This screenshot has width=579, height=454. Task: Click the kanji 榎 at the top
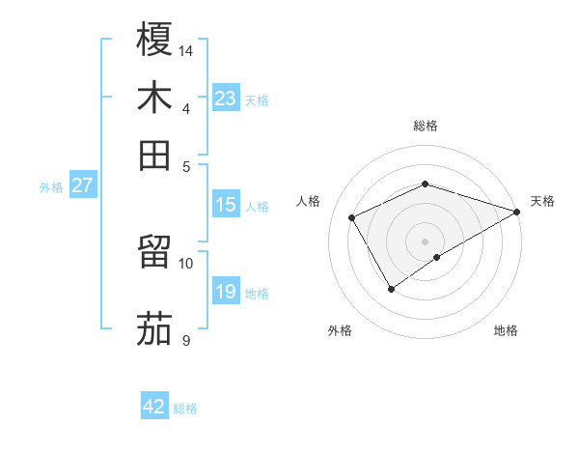click(154, 40)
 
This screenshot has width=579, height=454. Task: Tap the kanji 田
click(154, 155)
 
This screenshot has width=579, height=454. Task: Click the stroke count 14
click(186, 49)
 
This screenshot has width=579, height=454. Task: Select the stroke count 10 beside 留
click(186, 263)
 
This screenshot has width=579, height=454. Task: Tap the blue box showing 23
click(226, 98)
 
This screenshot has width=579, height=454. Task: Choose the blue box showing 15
click(226, 205)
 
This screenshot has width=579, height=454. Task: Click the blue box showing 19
click(226, 292)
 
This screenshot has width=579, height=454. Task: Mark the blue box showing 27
click(82, 185)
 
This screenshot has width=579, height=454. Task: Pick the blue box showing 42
click(154, 407)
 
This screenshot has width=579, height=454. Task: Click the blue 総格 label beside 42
click(185, 409)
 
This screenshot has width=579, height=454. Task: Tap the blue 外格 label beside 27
click(51, 187)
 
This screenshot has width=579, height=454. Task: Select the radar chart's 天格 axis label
click(542, 201)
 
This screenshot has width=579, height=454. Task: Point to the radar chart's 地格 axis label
click(506, 330)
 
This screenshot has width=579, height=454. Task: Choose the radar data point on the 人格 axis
click(352, 217)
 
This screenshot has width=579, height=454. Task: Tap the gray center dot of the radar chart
click(425, 241)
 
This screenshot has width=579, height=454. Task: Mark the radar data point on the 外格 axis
click(391, 288)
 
